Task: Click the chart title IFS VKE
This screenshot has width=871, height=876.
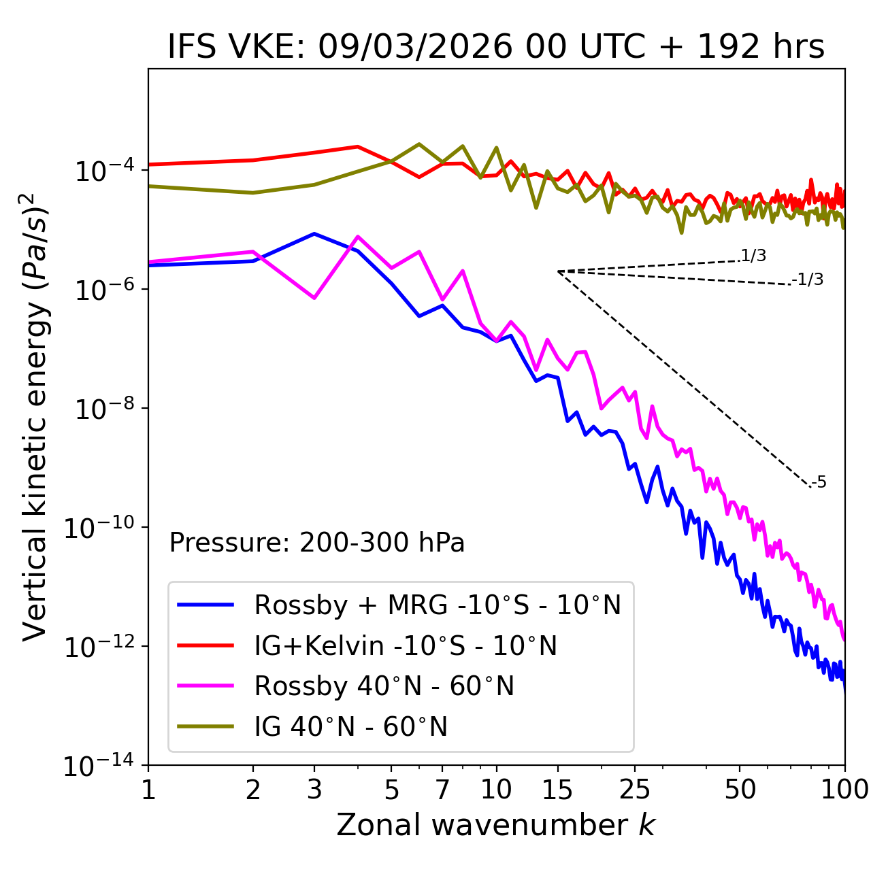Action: (x=496, y=48)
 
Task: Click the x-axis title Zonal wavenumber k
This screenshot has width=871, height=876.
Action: (x=496, y=824)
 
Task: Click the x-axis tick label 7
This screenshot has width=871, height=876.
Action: (x=442, y=790)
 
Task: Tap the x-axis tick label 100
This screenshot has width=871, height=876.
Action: (x=844, y=790)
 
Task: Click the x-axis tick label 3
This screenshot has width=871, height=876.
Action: (x=314, y=790)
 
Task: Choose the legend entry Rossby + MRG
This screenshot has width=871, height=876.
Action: (x=437, y=605)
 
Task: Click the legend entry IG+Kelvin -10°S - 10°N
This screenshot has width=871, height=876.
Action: (x=406, y=645)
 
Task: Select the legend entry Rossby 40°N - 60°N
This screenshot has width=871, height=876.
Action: (x=384, y=686)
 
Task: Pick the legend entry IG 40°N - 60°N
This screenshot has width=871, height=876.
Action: (x=350, y=727)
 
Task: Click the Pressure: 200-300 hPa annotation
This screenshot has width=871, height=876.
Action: (x=317, y=543)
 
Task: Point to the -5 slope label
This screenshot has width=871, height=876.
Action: (x=819, y=483)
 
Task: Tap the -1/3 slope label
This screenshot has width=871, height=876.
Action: (x=808, y=280)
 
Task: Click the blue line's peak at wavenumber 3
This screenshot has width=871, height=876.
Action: (x=314, y=233)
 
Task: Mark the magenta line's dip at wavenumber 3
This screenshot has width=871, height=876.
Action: (x=314, y=298)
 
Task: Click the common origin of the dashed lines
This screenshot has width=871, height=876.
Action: (x=558, y=271)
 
